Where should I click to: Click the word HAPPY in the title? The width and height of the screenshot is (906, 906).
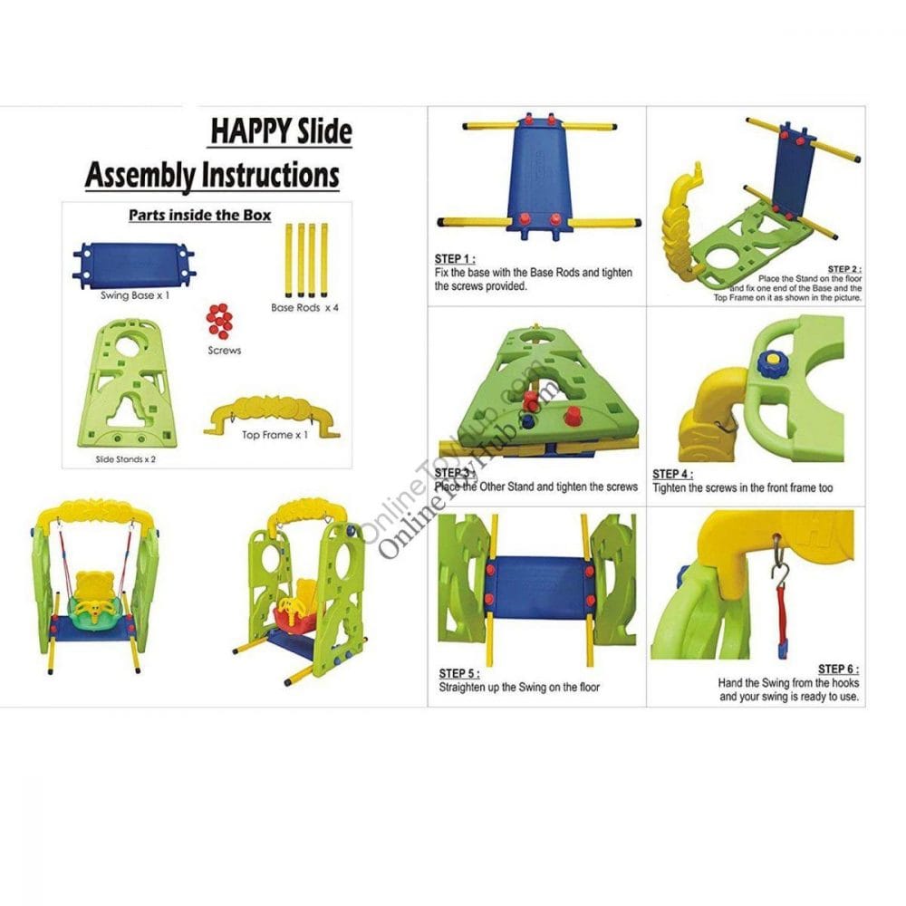point(251,131)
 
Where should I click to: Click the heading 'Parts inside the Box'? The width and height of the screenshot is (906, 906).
point(200,216)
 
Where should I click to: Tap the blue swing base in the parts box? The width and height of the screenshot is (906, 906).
point(133,263)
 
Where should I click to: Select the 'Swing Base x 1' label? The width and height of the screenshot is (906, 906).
point(135,295)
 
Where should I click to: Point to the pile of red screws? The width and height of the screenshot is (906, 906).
point(219,321)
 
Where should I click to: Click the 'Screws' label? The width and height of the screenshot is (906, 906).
point(224,350)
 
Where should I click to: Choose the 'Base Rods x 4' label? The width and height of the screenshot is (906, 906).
point(304,308)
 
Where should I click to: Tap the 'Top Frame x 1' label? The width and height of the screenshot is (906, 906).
point(275,435)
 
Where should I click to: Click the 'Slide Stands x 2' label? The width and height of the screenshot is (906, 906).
point(125,460)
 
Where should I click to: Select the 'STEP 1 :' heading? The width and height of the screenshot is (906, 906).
point(455,259)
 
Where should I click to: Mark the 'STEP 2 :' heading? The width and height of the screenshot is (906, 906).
point(844,269)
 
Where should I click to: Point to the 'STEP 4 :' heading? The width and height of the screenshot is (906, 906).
point(672,474)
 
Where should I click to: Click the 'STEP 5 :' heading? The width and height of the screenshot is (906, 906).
point(459,674)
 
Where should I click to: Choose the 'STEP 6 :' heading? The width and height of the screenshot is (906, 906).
point(838,670)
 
